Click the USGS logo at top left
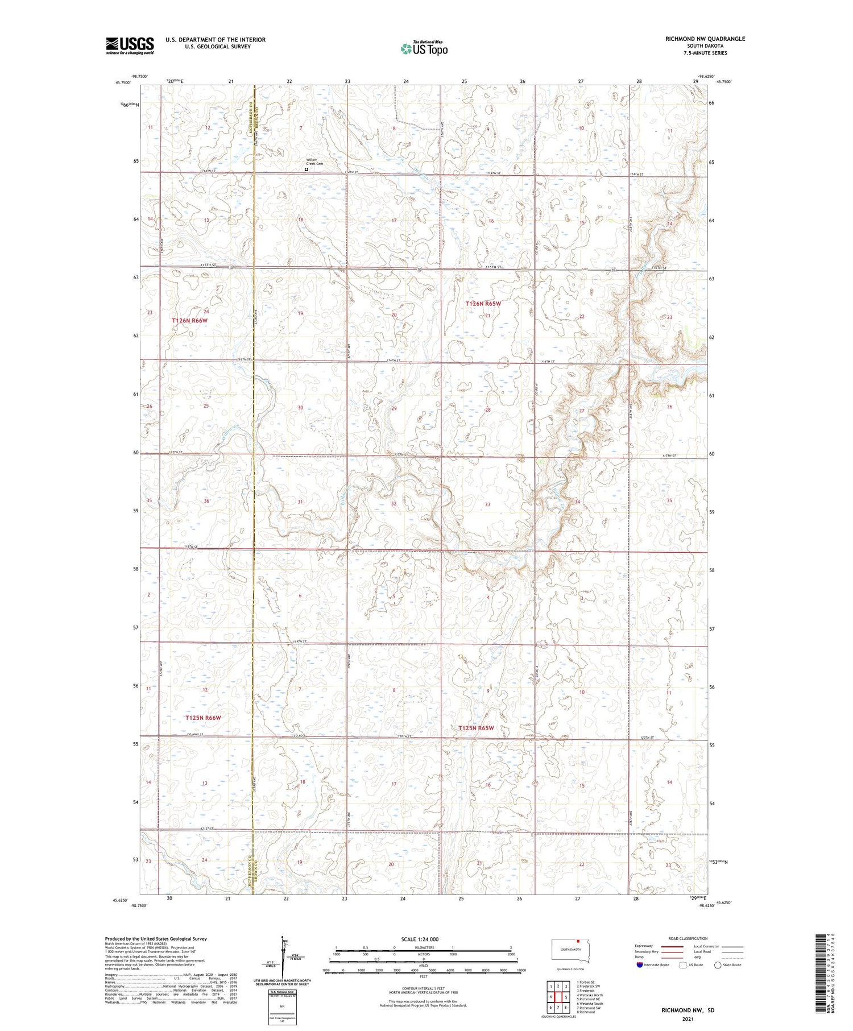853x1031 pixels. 130,45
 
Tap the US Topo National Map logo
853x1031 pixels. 424,49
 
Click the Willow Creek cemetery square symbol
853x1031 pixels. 307,169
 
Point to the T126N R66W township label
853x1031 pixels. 190,321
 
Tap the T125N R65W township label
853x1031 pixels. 476,728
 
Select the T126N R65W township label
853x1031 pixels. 483,304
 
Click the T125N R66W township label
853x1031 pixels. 202,718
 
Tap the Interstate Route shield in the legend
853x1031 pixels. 640,964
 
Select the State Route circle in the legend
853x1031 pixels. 718,964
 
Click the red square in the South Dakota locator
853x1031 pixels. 579,941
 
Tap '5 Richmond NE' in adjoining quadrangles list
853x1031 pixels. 589,999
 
